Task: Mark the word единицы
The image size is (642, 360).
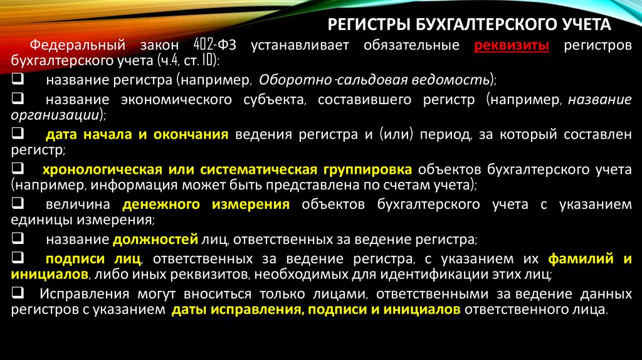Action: pyautogui.click(x=37, y=220)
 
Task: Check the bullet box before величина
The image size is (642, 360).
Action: pyautogui.click(x=18, y=204)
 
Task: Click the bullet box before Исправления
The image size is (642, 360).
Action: pyautogui.click(x=18, y=294)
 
